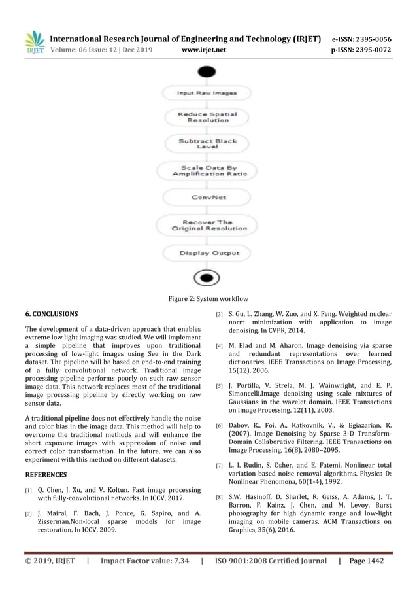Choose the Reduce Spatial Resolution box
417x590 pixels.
pos(208,117)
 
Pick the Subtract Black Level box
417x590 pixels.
pos(208,144)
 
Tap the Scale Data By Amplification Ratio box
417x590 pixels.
pos(208,171)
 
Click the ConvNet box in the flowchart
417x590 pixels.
pos(208,196)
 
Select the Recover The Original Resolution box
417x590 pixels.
pos(208,225)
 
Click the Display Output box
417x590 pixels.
pos(208,253)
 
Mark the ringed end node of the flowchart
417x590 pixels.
pos(207,278)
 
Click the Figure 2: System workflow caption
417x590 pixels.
pos(208,299)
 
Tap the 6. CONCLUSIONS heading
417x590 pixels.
pos(51,314)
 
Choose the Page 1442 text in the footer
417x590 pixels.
pos(367,561)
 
